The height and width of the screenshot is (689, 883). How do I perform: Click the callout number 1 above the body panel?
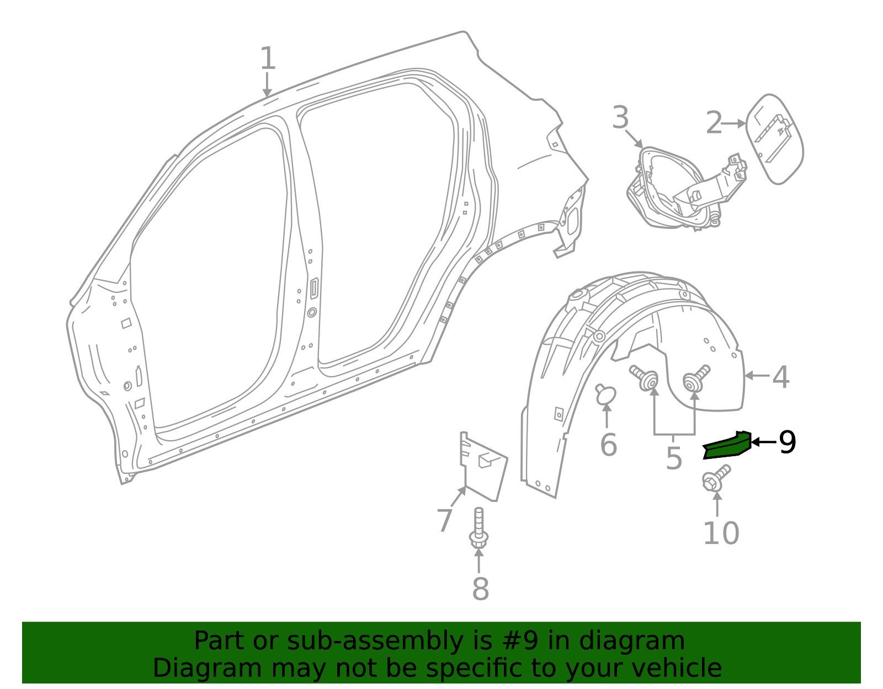(268, 58)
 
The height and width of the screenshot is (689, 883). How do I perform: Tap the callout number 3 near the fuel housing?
(620, 118)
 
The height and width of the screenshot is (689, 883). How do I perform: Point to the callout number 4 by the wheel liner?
(780, 377)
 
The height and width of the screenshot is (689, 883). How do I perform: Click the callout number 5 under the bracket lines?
(674, 458)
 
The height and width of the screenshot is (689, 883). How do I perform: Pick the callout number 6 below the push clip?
(608, 445)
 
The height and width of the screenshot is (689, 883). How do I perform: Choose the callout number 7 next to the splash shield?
(444, 520)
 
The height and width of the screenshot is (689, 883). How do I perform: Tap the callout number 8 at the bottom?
(480, 589)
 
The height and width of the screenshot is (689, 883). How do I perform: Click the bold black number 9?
(788, 442)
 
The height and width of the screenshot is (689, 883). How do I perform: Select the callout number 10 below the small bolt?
(721, 533)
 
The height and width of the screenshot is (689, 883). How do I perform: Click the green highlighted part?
(727, 446)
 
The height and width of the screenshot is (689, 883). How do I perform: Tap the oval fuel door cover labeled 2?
(774, 139)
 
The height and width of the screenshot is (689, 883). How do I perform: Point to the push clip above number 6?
(605, 394)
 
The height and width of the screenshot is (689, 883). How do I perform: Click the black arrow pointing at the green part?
(764, 442)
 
